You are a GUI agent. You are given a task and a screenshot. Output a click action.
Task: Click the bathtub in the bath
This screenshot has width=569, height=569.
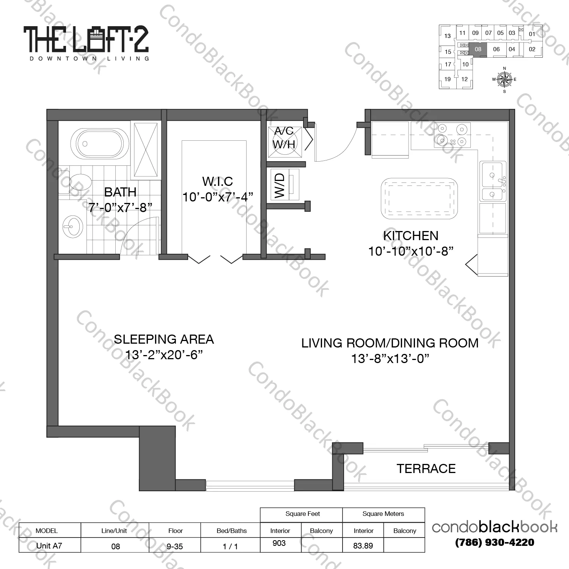point(97,143)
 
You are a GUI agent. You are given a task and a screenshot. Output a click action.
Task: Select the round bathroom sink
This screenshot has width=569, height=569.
point(72,226)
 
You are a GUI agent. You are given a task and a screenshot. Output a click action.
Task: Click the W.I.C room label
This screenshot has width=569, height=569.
point(217,181)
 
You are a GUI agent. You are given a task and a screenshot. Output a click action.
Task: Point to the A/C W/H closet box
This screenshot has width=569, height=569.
point(284,142)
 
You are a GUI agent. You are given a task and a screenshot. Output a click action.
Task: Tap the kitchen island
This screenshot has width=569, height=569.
point(419,198)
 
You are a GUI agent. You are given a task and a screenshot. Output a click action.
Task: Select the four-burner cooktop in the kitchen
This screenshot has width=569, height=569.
point(452,135)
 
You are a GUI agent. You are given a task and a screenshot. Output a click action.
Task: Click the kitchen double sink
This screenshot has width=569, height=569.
point(492,181)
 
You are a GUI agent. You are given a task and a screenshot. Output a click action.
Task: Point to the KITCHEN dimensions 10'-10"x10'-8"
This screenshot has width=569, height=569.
point(411,251)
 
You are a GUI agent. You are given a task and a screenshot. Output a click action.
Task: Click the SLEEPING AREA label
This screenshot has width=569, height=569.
point(164,339)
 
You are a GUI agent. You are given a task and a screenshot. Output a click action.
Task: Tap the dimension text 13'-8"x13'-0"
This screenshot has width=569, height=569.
point(390,358)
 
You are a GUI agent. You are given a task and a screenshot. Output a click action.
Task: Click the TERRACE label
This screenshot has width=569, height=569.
point(426,469)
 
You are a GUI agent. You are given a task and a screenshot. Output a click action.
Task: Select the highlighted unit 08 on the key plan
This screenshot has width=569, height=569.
point(478,49)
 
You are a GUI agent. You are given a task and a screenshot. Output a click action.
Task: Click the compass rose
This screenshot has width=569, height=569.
point(504,80)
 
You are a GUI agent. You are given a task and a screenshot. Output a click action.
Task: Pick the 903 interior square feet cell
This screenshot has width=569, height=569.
point(279,543)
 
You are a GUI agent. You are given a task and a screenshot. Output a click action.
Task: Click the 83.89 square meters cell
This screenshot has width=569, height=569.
point(363,545)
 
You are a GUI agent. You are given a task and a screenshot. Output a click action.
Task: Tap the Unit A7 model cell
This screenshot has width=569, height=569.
point(49,545)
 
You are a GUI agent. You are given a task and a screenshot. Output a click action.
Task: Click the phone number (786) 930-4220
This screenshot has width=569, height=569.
point(495,542)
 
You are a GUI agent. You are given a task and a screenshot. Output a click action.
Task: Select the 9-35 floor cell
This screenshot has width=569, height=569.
point(175,546)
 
